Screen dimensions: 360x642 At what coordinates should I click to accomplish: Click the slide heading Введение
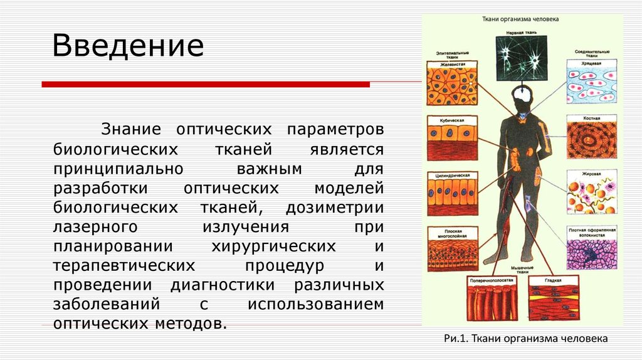(x=128, y=47)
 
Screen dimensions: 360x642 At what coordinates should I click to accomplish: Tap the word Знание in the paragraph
(x=130, y=129)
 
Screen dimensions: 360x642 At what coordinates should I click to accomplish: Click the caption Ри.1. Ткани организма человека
(x=525, y=339)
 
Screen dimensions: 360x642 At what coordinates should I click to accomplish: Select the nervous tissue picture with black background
(x=521, y=58)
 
